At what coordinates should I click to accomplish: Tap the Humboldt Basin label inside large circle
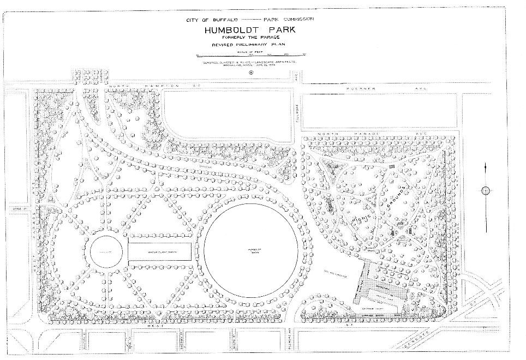coord(252,251)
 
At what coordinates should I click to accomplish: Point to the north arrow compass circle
coord(485,190)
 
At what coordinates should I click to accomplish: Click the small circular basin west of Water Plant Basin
coord(105,253)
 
